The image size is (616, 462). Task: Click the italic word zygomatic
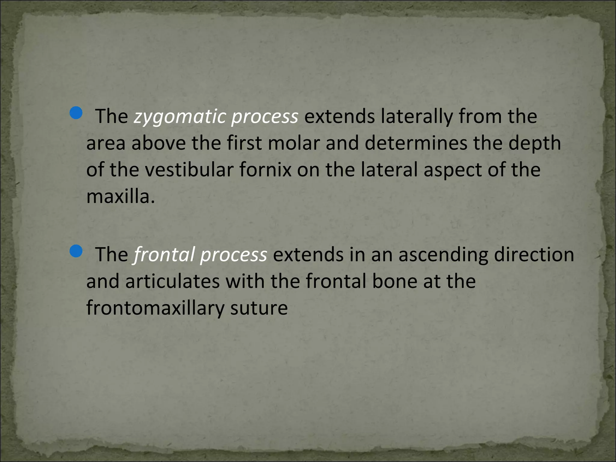click(x=180, y=117)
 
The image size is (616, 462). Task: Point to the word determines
click(x=416, y=143)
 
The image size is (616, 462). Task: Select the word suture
click(x=259, y=308)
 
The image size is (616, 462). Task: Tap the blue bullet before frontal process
click(x=76, y=251)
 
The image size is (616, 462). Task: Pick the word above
click(x=159, y=143)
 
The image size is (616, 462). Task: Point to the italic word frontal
click(x=164, y=254)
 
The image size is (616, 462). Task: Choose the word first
click(x=244, y=143)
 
